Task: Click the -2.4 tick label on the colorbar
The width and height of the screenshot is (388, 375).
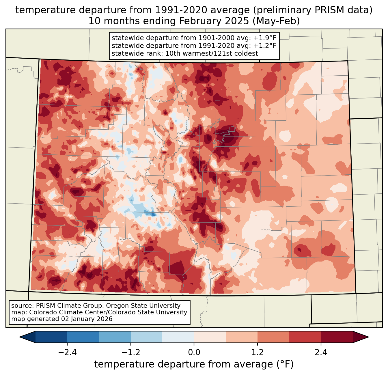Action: [x=67, y=352]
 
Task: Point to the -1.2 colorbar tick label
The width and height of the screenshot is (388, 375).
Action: [x=131, y=352]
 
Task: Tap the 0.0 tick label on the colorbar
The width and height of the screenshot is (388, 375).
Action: [x=194, y=352]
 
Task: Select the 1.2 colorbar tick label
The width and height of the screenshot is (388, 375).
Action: [x=258, y=352]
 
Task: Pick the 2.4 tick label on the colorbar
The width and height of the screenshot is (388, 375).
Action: [x=321, y=352]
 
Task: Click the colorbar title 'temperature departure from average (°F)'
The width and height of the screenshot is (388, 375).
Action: [x=194, y=364]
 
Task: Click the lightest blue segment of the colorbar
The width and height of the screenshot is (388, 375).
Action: [x=178, y=337]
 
